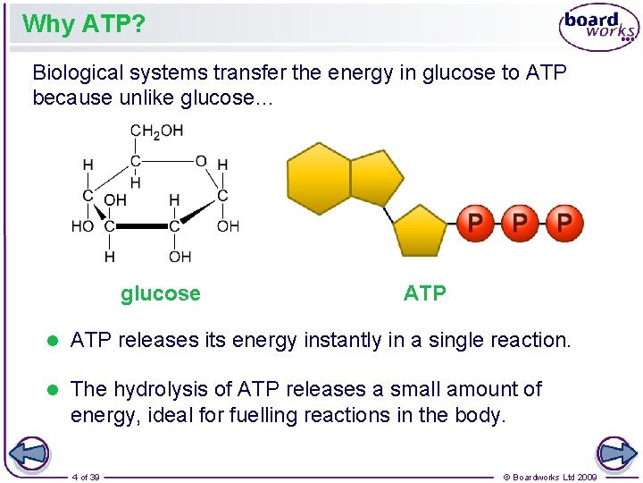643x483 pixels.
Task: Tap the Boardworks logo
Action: pos(598,28)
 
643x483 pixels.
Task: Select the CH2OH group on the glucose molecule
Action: pos(156,131)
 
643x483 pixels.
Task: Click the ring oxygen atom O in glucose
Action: pos(201,161)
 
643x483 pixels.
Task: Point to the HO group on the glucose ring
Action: pos(82,226)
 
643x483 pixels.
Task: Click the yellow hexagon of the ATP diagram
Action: pos(318,176)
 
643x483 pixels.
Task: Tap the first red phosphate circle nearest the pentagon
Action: pos(476,223)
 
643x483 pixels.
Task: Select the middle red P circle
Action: pos(520,223)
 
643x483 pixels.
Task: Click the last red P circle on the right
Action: pos(564,223)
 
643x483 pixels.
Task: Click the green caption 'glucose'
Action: pos(161,293)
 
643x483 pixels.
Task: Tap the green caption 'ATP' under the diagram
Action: pos(424,293)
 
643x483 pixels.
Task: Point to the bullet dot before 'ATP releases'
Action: pos(53,341)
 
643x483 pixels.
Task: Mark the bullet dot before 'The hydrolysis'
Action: pos(53,390)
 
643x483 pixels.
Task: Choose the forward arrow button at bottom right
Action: pos(616,453)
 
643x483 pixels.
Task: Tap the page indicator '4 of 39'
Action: pos(86,477)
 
